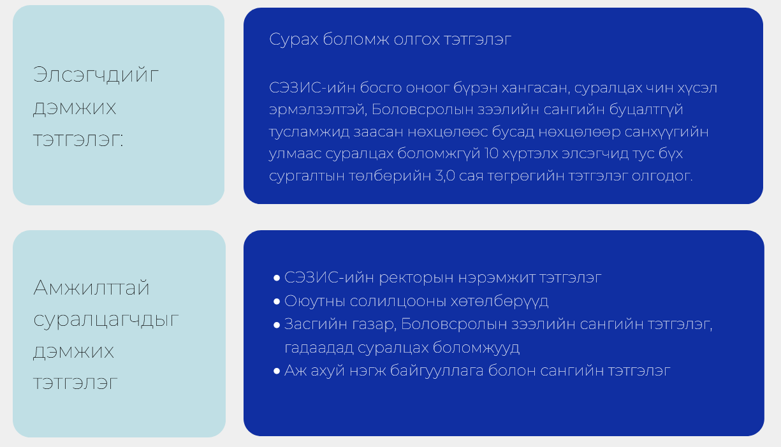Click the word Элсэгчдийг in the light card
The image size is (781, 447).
pos(96,75)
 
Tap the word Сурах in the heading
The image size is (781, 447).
pos(293,39)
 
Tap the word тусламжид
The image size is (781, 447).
pos(309,133)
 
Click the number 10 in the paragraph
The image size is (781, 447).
pos(492,154)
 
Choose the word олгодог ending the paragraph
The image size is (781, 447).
pos(662,176)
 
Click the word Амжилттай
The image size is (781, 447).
pos(91,288)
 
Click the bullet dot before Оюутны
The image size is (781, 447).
pos(277,302)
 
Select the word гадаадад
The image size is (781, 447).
pos(319,348)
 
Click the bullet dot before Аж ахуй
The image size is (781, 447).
pos(277,371)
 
